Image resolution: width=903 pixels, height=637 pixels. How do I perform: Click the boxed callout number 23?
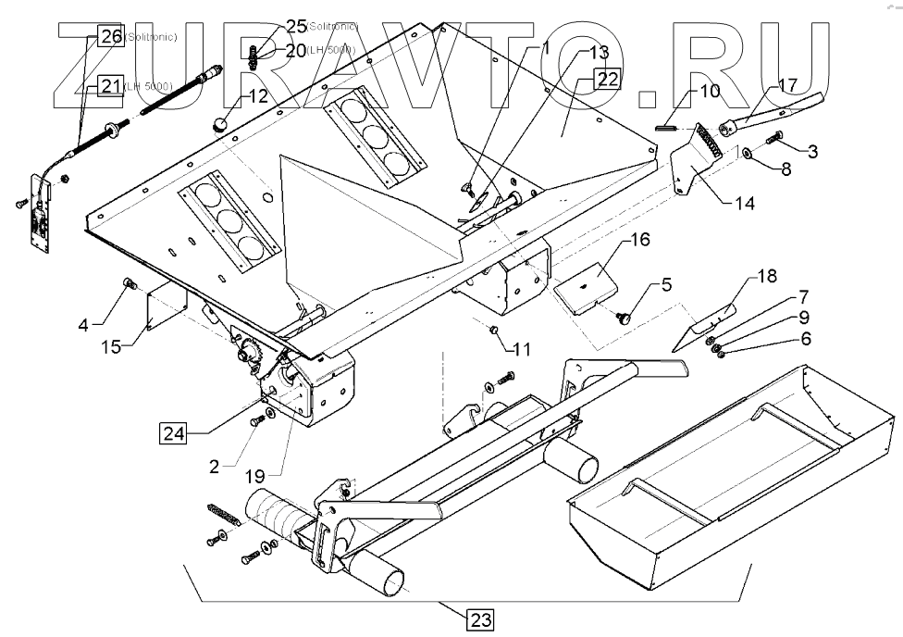pyautogui.click(x=481, y=620)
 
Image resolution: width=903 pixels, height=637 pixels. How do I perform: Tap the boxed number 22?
pyautogui.click(x=607, y=80)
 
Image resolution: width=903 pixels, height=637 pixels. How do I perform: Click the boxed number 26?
pyautogui.click(x=110, y=37)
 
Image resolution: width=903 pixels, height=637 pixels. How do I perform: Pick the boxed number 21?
pyautogui.click(x=111, y=86)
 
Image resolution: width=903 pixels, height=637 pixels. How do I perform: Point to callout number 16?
pyautogui.click(x=640, y=241)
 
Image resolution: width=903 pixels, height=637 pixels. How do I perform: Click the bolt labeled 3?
pyautogui.click(x=775, y=139)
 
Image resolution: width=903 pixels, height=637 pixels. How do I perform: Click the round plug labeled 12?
pyautogui.click(x=221, y=124)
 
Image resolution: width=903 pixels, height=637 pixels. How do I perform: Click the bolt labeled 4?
pyautogui.click(x=130, y=283)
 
